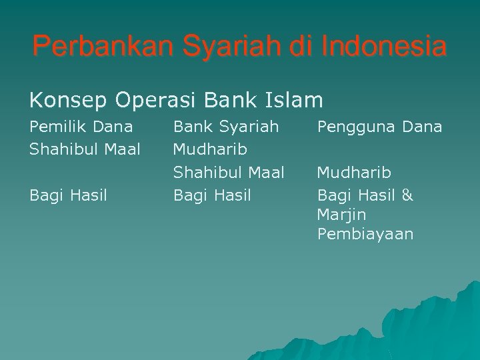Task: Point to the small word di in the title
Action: (x=303, y=47)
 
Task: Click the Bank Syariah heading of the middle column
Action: (x=226, y=127)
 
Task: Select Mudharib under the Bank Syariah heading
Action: (x=210, y=149)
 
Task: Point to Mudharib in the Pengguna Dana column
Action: (x=354, y=173)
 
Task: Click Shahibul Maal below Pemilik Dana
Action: (x=85, y=149)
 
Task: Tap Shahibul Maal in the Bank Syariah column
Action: (x=229, y=173)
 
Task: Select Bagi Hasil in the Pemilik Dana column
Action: (x=68, y=195)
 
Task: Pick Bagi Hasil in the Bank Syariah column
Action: (x=212, y=195)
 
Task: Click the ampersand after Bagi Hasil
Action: (x=407, y=195)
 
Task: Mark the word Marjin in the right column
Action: (x=341, y=215)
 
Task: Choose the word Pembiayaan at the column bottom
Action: (x=365, y=234)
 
